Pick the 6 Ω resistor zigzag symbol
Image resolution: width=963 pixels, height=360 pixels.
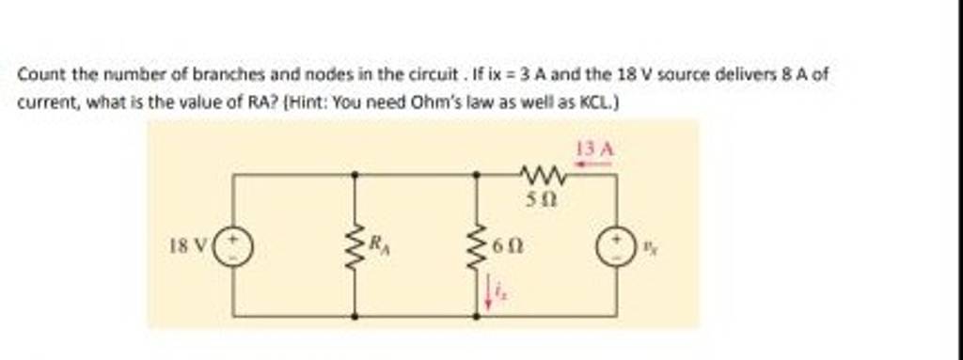477,247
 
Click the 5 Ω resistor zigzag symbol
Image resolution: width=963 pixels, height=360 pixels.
543,174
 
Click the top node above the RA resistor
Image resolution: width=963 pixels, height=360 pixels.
355,175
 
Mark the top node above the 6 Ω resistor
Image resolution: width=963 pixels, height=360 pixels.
477,175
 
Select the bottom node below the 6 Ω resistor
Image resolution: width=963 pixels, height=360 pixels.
477,317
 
